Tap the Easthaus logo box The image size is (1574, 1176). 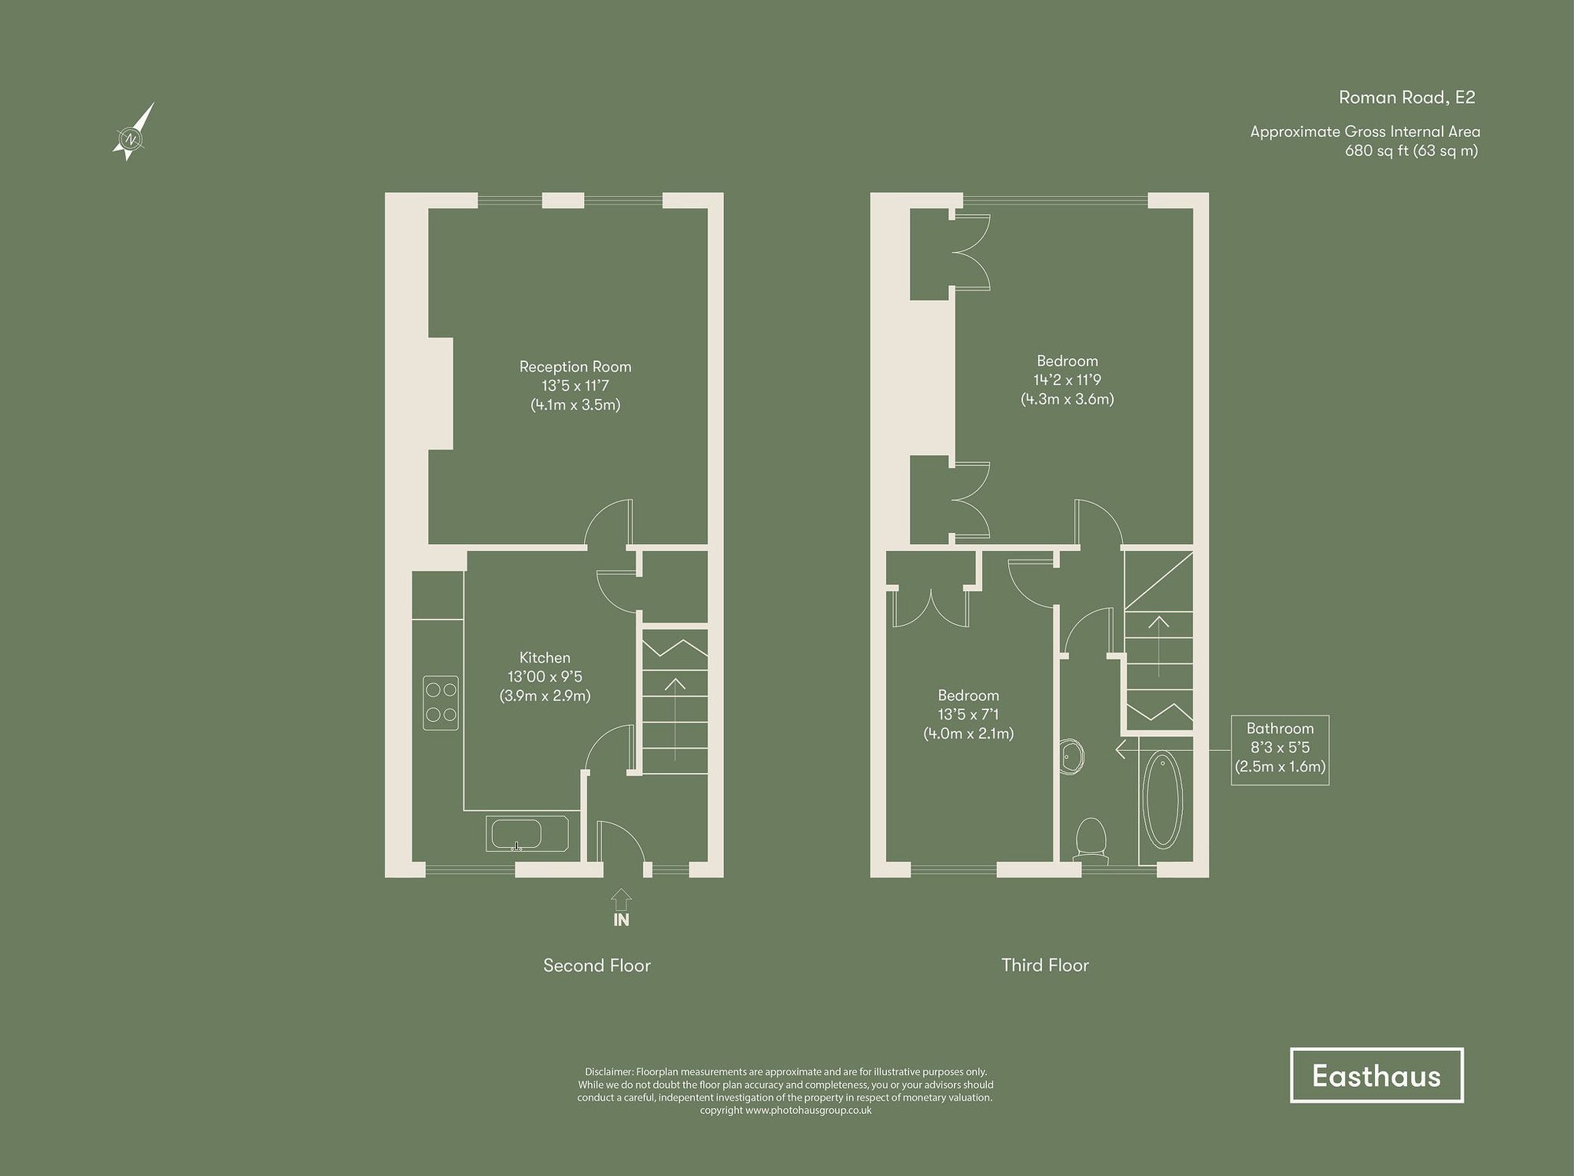tap(1376, 1075)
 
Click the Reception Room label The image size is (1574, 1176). tap(575, 367)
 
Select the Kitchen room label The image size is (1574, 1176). tap(545, 658)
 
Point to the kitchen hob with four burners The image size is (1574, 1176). tap(441, 703)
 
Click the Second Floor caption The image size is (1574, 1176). tap(597, 966)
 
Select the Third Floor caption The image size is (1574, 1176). tap(1044, 966)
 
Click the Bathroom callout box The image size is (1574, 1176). tap(1280, 749)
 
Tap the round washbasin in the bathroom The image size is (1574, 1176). tap(1072, 756)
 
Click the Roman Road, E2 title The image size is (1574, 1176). tap(1406, 98)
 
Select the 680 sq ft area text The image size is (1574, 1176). tap(1410, 151)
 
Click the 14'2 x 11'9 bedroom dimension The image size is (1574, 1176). tap(1067, 380)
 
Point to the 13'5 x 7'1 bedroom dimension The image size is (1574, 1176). tap(968, 715)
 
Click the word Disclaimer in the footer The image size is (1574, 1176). tap(608, 1072)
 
